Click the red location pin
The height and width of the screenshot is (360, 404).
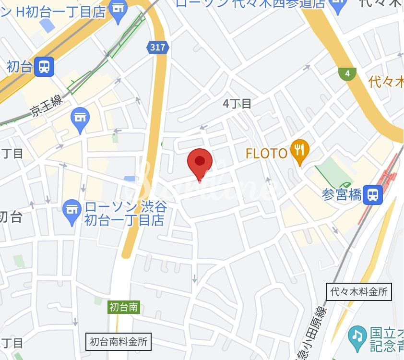200,162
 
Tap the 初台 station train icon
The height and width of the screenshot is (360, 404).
44,66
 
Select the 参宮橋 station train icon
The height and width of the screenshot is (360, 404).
372,194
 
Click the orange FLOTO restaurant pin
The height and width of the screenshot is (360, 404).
299,151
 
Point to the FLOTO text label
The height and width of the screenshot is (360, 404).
266,154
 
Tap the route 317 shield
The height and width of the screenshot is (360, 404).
157,47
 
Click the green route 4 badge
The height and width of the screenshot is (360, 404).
347,73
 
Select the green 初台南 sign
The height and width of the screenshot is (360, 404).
123,307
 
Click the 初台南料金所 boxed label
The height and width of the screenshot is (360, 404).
119,342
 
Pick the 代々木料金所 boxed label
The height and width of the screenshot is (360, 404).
359,291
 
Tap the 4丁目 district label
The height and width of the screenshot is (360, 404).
238,103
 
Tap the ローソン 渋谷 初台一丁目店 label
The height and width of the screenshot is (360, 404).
125,214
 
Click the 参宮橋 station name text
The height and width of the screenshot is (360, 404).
342,195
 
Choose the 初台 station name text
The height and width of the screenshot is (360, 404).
19,66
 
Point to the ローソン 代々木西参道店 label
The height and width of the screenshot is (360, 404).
250,4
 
